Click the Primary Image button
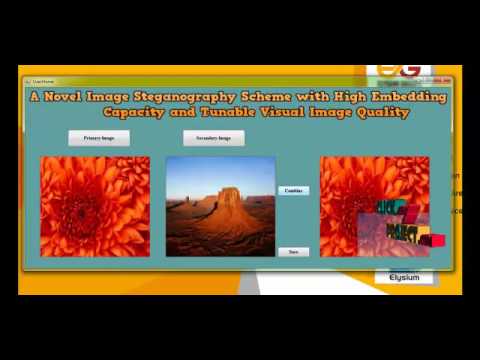(99, 138)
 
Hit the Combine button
(293, 190)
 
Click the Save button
(293, 251)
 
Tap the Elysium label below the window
(404, 277)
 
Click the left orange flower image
(94, 206)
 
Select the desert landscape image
(220, 206)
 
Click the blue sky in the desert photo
(200, 172)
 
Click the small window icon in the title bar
(27, 81)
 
